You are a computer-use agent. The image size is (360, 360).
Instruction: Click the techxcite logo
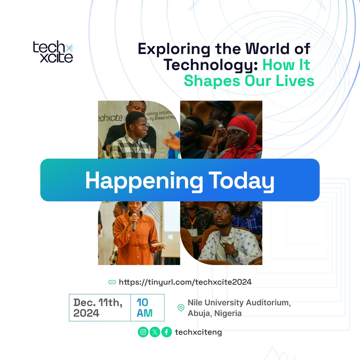pos(53,52)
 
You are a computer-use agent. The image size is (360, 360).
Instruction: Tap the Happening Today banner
pos(180,180)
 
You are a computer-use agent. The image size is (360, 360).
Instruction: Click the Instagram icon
pos(143,332)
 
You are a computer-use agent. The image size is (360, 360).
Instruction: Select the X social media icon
pos(155,332)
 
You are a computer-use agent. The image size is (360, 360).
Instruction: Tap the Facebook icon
pos(166,332)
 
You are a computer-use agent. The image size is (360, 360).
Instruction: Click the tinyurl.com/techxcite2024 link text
pos(185,282)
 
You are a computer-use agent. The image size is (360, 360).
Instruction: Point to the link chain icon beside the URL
pos(112,282)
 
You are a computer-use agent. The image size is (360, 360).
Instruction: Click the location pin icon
pos(181,307)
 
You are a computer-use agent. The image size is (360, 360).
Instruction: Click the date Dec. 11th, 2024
pos(98,307)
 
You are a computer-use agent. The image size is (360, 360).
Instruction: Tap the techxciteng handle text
pos(198,332)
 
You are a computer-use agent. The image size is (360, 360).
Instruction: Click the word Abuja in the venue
pos(199,313)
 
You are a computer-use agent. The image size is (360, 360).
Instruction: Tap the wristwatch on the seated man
pos(235,253)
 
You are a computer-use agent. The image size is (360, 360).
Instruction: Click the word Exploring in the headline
pos(174,49)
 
